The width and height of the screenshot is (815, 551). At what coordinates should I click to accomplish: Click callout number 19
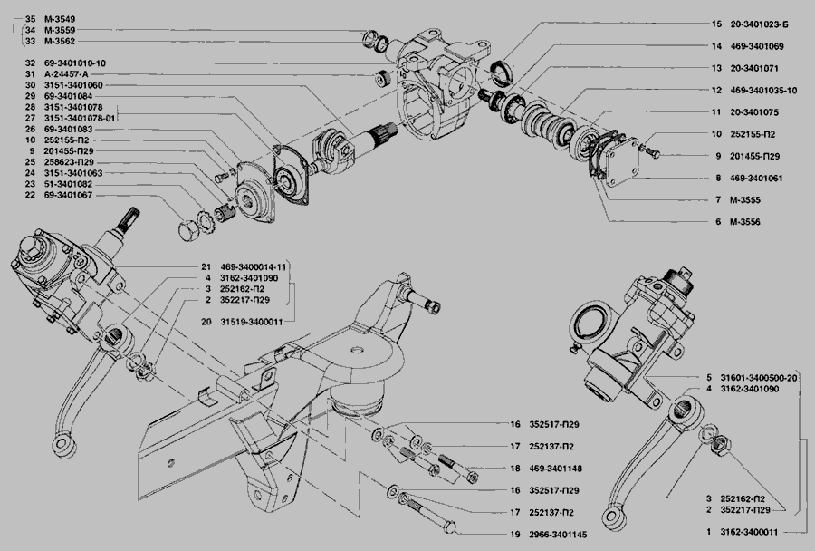(513, 534)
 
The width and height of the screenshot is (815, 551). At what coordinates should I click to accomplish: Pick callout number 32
(30, 63)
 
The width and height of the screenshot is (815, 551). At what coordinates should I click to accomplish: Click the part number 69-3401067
(68, 195)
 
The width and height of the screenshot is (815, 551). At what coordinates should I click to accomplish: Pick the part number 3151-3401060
(72, 84)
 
